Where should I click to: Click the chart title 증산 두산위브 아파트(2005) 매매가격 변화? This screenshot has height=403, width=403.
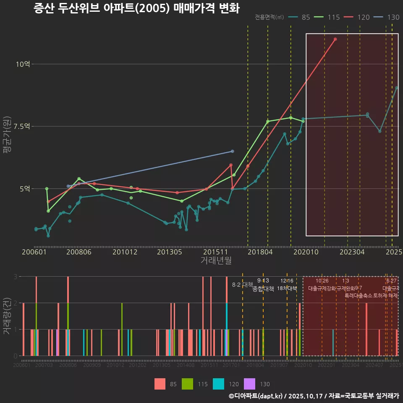tap(136, 8)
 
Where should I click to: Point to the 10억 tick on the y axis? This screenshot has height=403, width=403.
tap(23, 64)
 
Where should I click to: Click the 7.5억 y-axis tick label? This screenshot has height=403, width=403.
tap(22, 126)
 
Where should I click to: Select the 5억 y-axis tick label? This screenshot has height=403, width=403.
tap(25, 189)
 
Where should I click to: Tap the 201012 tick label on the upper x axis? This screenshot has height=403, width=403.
tap(125, 252)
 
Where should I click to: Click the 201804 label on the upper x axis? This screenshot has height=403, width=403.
tap(260, 252)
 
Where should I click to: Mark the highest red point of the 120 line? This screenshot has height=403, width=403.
tap(335, 39)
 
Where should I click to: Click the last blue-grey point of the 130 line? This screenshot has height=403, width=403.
tap(233, 151)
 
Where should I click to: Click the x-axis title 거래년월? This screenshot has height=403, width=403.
tap(216, 261)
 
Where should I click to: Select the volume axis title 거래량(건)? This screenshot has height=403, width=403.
tap(7, 316)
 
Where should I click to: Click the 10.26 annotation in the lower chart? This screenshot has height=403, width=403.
tap(322, 281)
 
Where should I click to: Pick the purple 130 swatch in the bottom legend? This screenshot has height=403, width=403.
tap(250, 384)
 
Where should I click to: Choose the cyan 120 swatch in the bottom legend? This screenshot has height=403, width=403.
tap(219, 384)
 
